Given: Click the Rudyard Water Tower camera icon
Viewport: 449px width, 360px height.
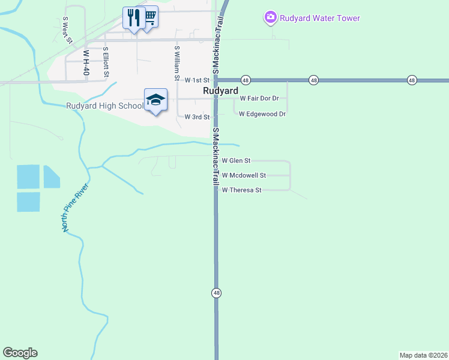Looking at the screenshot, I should pos(271,17).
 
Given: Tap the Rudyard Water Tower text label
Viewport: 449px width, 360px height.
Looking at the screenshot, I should pos(321,18).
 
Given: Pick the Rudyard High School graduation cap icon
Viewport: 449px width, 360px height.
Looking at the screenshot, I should pos(155,100).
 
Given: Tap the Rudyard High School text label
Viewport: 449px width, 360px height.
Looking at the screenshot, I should pos(104,106).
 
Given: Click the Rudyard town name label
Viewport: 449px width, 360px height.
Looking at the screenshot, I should pos(220,91).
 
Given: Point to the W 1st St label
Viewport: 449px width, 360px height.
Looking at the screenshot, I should pos(197,80).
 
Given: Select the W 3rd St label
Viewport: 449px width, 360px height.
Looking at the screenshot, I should pos(197,117).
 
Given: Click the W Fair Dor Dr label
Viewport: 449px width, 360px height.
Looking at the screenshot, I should pos(259,98).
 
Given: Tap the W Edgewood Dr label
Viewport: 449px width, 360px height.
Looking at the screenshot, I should pos(262,113).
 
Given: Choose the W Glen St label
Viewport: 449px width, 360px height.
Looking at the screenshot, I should pos(236,161).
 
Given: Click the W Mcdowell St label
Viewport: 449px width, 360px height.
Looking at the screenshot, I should pos(244,175).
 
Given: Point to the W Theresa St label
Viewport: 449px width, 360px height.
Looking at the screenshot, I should pos(242,190).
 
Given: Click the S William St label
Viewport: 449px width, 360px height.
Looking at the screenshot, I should pos(176,63).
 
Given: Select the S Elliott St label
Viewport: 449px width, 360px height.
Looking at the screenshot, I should pos(106,62).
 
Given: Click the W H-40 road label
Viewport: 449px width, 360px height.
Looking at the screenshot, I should pos(86,62).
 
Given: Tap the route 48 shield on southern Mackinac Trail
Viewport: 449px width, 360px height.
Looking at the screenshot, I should pos(216,293).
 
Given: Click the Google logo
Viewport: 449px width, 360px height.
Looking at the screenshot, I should pos(20,353).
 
